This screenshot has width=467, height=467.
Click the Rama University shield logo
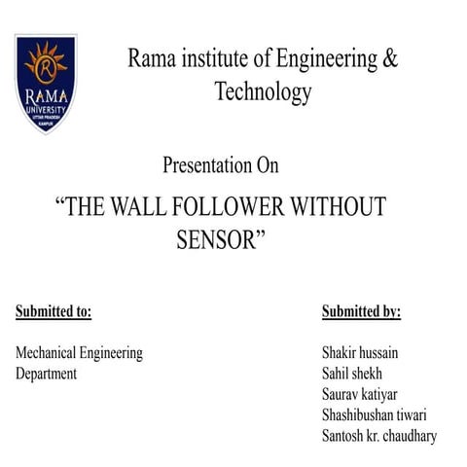pyautogui.click(x=46, y=84)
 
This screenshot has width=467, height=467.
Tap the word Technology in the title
pyautogui.click(x=263, y=92)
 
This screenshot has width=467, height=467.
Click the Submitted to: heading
pyautogui.click(x=54, y=312)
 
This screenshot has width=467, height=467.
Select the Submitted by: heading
pyautogui.click(x=361, y=312)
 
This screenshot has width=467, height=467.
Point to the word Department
pyautogui.click(x=46, y=375)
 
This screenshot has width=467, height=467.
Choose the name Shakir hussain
pyautogui.click(x=366, y=353)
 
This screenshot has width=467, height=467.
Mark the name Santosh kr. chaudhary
pyautogui.click(x=379, y=436)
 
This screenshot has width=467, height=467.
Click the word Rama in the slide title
pyautogui.click(x=149, y=58)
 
